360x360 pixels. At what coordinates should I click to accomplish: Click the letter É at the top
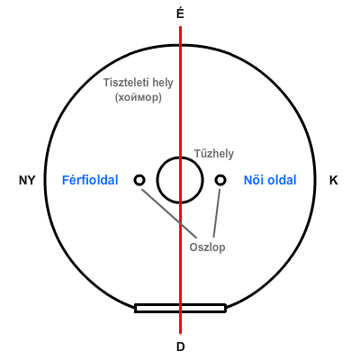(180, 13)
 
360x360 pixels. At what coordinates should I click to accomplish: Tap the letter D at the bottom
(180, 346)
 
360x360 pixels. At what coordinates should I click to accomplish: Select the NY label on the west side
(27, 180)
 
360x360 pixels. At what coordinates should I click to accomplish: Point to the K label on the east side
(334, 180)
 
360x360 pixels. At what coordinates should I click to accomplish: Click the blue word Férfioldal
(90, 180)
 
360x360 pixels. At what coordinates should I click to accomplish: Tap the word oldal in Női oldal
(282, 180)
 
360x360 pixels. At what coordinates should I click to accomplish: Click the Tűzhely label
(214, 154)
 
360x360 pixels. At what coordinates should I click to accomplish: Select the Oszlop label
(207, 247)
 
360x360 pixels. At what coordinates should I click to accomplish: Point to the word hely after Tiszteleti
(162, 83)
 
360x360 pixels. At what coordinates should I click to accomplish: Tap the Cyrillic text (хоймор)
(139, 97)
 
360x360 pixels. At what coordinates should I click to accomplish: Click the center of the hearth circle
(180, 180)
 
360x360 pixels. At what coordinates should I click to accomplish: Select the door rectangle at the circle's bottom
(180, 305)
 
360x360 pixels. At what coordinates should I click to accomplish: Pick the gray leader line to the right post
(217, 213)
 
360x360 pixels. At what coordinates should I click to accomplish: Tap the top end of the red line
(180, 27)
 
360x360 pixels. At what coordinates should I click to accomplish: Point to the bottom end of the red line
(180, 333)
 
